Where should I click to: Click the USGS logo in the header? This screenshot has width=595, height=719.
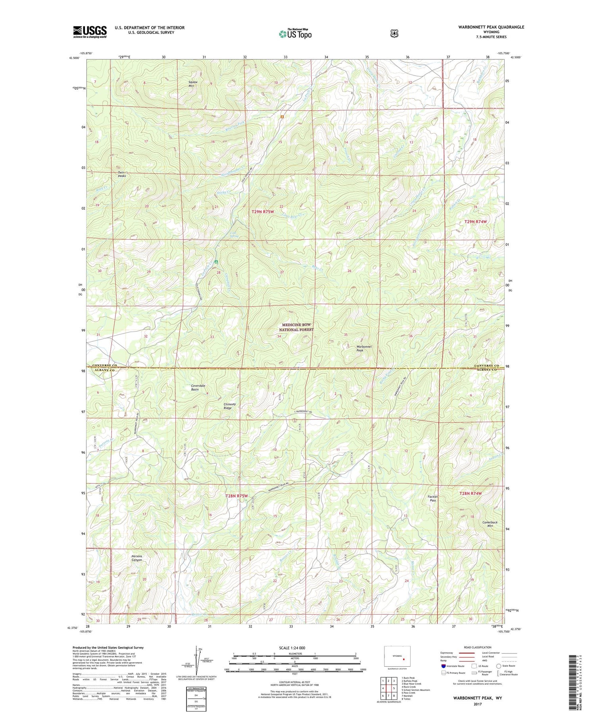(90, 32)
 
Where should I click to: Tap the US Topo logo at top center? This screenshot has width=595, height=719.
(295, 34)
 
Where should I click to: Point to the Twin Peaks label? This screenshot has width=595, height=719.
(122, 174)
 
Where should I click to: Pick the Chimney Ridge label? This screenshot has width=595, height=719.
(230, 406)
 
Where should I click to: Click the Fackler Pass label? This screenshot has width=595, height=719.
(433, 499)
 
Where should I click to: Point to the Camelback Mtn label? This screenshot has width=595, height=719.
(490, 524)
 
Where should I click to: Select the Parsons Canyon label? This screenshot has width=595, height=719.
(137, 558)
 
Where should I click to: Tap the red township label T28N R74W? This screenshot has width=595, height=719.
(470, 493)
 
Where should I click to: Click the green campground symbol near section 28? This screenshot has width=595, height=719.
(216, 262)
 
